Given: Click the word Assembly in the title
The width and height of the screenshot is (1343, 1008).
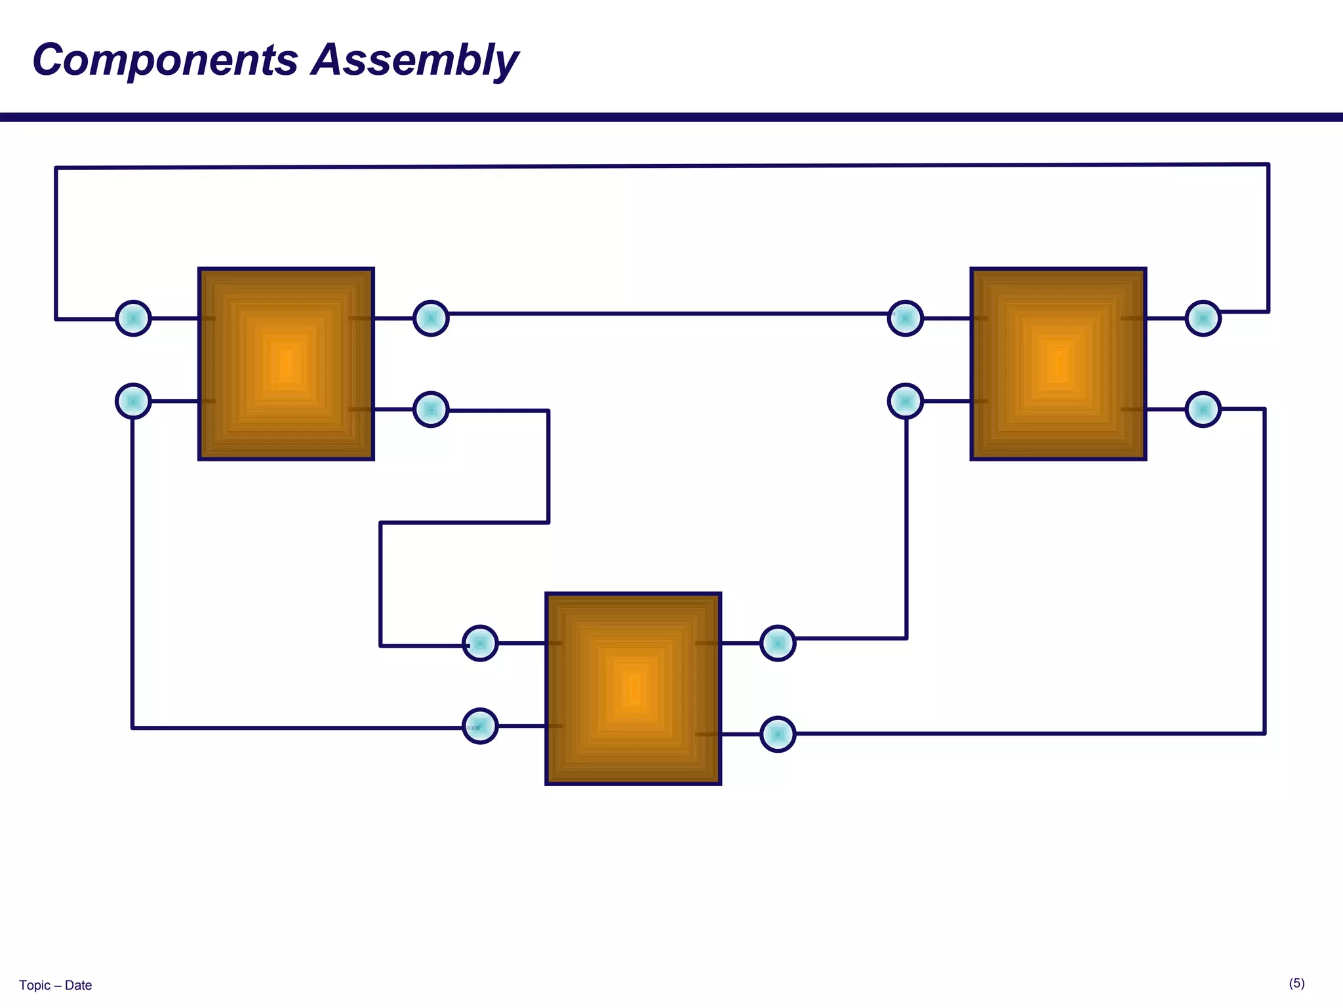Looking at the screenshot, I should pyautogui.click(x=414, y=60).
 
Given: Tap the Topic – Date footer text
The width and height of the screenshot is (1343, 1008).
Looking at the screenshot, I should pyautogui.click(x=56, y=985).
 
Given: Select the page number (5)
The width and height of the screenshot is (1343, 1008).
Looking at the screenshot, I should pyautogui.click(x=1296, y=983).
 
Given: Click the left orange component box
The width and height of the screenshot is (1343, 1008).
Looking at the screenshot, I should pyautogui.click(x=286, y=364).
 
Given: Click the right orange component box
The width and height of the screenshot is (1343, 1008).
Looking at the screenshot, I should pyautogui.click(x=1058, y=364).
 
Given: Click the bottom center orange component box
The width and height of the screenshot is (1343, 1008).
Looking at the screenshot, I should pyautogui.click(x=633, y=688).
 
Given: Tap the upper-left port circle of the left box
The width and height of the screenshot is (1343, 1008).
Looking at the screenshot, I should pyautogui.click(x=133, y=318).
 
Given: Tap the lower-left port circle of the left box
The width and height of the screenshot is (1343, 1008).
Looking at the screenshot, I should pyautogui.click(x=133, y=401).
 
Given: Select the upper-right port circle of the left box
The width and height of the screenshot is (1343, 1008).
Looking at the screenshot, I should pyautogui.click(x=431, y=318).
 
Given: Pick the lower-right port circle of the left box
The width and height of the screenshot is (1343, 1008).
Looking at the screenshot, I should pyautogui.click(x=431, y=409).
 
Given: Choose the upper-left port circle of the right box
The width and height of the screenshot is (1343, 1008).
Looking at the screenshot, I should pyautogui.click(x=906, y=318).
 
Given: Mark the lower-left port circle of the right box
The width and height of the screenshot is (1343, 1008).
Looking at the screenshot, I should pyautogui.click(x=906, y=401).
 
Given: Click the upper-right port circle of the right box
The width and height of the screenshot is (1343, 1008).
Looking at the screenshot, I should pyautogui.click(x=1203, y=318).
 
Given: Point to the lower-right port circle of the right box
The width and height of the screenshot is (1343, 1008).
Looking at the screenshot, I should pyautogui.click(x=1203, y=409).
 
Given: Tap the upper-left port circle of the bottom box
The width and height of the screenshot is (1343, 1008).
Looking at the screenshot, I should pyautogui.click(x=480, y=643).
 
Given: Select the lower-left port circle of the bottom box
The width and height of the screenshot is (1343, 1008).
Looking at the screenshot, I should pyautogui.click(x=480, y=726).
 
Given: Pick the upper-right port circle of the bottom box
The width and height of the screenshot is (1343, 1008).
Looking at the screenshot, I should pyautogui.click(x=778, y=643).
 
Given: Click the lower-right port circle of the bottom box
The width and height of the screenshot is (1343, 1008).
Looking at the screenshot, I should pyautogui.click(x=778, y=734).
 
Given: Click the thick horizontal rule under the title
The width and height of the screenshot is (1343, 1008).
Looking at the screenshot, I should pyautogui.click(x=671, y=117).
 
